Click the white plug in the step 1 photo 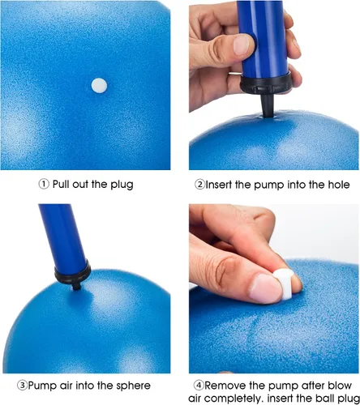coord(99,86)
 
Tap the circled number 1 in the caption coord(44,185)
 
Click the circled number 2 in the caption coord(199,185)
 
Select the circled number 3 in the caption coord(23,386)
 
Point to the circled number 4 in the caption coord(199,386)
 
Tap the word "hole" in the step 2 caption coord(339,185)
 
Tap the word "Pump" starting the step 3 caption coord(41,386)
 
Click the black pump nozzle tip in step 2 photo coord(268,106)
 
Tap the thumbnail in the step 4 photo coord(265,288)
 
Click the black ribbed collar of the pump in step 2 coord(266,83)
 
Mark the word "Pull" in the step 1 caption coord(61,185)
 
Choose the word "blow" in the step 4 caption coord(340,386)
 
